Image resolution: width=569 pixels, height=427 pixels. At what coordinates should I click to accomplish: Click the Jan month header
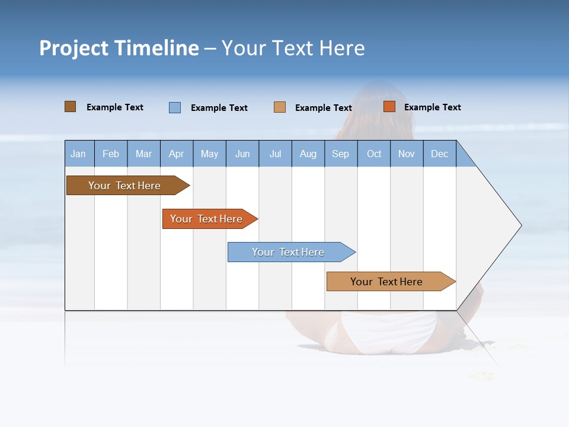pyautogui.click(x=78, y=154)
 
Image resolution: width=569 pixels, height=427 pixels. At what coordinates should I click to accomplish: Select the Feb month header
pyautogui.click(x=111, y=154)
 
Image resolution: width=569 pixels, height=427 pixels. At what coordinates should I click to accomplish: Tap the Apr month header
pyautogui.click(x=177, y=154)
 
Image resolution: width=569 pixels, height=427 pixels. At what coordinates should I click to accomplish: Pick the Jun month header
pyautogui.click(x=242, y=154)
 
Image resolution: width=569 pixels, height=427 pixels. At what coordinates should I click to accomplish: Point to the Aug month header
pyautogui.click(x=308, y=154)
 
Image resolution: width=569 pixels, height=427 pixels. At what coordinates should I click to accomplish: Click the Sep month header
pyautogui.click(x=341, y=154)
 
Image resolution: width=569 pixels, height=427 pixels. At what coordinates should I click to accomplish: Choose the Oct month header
pyautogui.click(x=374, y=154)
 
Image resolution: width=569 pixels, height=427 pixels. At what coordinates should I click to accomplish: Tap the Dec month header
pyautogui.click(x=440, y=154)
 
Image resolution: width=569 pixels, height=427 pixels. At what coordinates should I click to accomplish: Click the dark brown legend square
pyautogui.click(x=71, y=107)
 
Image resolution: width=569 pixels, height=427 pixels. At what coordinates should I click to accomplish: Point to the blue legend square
pyautogui.click(x=175, y=107)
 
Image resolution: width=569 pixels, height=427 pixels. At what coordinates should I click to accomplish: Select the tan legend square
pyautogui.click(x=280, y=107)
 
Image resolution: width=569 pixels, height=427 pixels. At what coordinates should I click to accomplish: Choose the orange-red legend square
pyautogui.click(x=389, y=107)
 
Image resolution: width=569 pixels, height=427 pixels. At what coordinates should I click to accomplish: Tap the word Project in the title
pyautogui.click(x=74, y=48)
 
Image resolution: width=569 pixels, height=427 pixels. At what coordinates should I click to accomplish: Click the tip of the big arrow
pyautogui.click(x=520, y=225)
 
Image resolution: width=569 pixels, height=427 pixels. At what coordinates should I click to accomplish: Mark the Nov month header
pyautogui.click(x=407, y=154)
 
